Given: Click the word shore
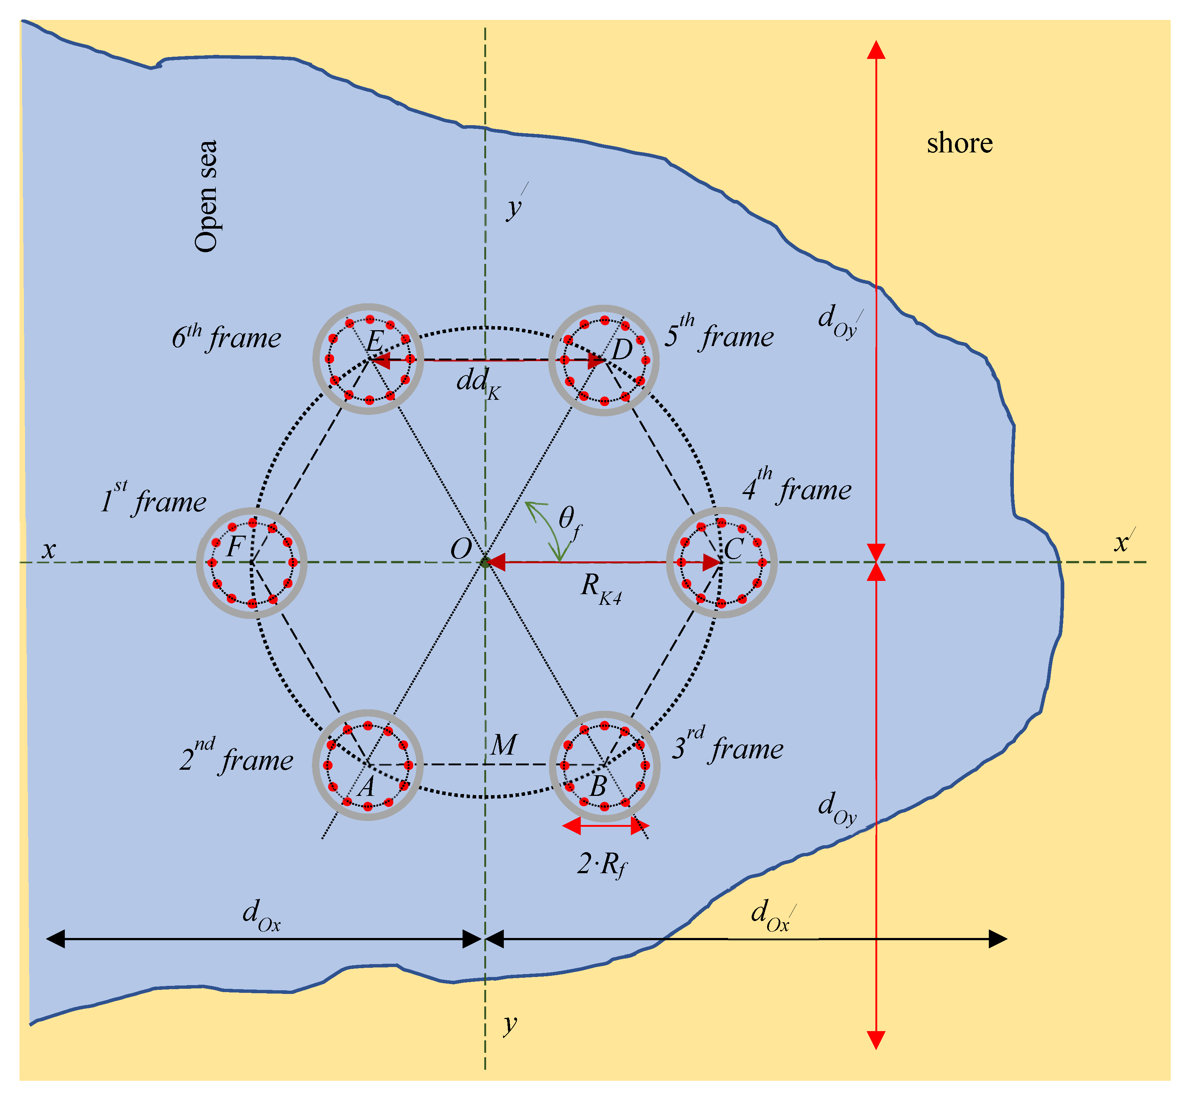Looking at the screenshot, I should pyautogui.click(x=959, y=143).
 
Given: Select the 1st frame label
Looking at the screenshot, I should pyautogui.click(x=154, y=499).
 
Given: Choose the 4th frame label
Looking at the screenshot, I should pyautogui.click(x=797, y=487).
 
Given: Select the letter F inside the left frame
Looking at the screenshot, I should pyautogui.click(x=235, y=546).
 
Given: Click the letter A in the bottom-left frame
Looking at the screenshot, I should pyautogui.click(x=367, y=787).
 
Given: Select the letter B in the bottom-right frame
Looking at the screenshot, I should pyautogui.click(x=598, y=787).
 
